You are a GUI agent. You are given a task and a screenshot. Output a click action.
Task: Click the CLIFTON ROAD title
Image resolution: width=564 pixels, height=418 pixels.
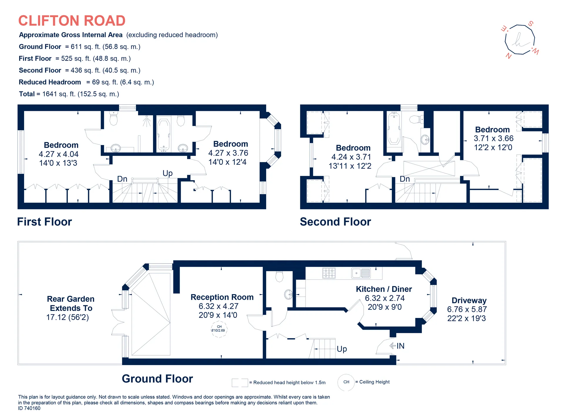(x=72, y=21)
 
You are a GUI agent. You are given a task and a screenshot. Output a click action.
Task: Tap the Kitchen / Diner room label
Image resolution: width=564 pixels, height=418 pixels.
(x=384, y=289)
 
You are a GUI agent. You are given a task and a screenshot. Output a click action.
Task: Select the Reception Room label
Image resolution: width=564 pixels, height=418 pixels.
(x=222, y=297)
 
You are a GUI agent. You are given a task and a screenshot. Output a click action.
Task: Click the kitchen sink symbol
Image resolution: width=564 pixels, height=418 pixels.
(x=361, y=273)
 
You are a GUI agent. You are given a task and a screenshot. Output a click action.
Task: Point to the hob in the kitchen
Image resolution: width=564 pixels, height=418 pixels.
(x=329, y=273)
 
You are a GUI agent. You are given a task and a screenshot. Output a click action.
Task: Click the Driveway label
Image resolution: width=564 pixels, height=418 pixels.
(x=469, y=301)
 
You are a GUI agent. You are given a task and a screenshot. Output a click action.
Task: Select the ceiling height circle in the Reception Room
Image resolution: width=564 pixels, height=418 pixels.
(x=219, y=329)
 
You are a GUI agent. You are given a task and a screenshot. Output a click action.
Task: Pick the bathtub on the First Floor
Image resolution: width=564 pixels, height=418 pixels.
(x=164, y=134)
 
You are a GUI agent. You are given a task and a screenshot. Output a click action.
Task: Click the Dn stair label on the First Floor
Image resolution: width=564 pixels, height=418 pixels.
(x=122, y=179)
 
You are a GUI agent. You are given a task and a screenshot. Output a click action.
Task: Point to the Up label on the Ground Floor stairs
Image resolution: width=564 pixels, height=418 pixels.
(x=342, y=349)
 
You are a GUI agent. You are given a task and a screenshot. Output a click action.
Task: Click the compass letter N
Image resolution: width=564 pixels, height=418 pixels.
(x=509, y=56)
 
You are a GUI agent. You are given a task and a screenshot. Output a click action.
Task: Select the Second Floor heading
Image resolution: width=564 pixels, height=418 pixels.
(x=335, y=222)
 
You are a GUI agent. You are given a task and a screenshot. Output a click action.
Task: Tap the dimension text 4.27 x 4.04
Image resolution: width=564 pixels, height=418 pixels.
(x=59, y=154)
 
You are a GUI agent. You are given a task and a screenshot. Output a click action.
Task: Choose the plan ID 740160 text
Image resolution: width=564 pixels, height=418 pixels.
(x=29, y=408)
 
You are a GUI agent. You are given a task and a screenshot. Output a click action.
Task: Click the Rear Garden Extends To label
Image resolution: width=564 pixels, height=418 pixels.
(x=71, y=304)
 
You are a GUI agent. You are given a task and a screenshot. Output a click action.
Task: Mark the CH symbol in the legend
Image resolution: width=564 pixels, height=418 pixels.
(x=346, y=382)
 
